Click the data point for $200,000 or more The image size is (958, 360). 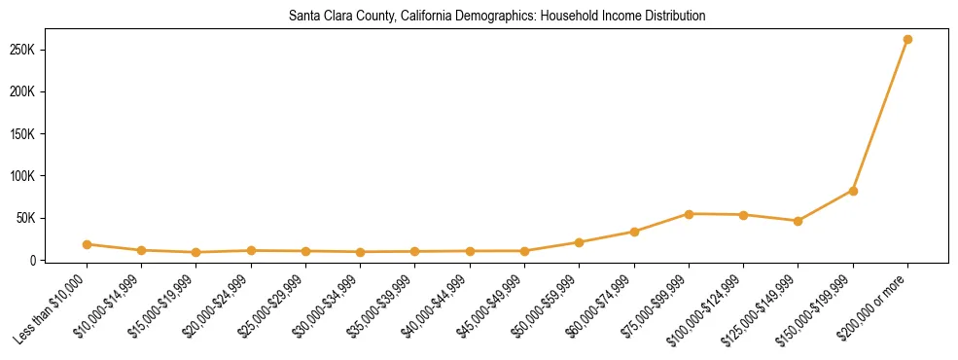(x=907, y=40)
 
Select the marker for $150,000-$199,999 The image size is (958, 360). (x=853, y=191)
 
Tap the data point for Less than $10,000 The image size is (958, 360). (x=88, y=244)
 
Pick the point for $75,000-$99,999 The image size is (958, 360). (x=689, y=214)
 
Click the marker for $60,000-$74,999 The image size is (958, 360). (x=634, y=232)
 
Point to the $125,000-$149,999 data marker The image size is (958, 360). (x=798, y=221)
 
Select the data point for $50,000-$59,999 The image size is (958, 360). (x=580, y=242)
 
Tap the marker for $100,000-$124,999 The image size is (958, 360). (x=743, y=215)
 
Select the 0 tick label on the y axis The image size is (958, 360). (x=58, y=261)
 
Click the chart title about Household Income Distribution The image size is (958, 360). (x=497, y=17)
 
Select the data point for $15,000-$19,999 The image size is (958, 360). (x=196, y=252)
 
